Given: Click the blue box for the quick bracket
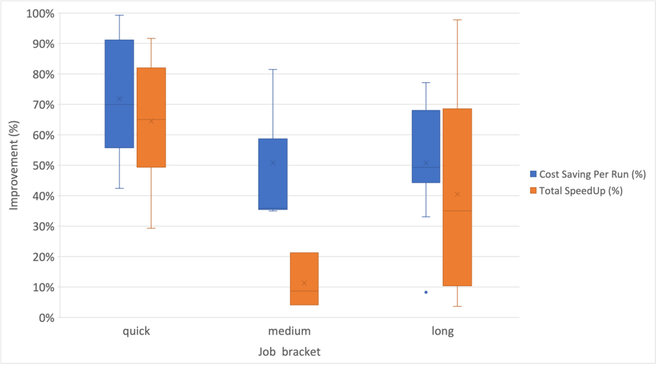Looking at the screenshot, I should click(119, 94).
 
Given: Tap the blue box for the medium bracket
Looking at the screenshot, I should click(273, 174).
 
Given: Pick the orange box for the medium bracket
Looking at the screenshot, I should click(304, 278).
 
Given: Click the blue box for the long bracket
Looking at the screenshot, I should click(426, 146).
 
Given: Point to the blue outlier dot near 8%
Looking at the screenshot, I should click(426, 293).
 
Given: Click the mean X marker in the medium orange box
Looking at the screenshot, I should click(304, 283).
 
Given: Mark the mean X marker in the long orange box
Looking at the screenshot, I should click(457, 194).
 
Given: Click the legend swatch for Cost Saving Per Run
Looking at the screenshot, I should click(533, 174).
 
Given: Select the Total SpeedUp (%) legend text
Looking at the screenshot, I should click(581, 191).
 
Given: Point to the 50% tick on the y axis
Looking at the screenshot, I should click(43, 166).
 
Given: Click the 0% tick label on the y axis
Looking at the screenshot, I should click(46, 318).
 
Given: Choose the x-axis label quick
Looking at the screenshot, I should click(137, 332).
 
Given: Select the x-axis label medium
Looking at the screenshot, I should click(289, 332).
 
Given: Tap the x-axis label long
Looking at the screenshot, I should click(443, 332).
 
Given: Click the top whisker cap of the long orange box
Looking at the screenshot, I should click(457, 20).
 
